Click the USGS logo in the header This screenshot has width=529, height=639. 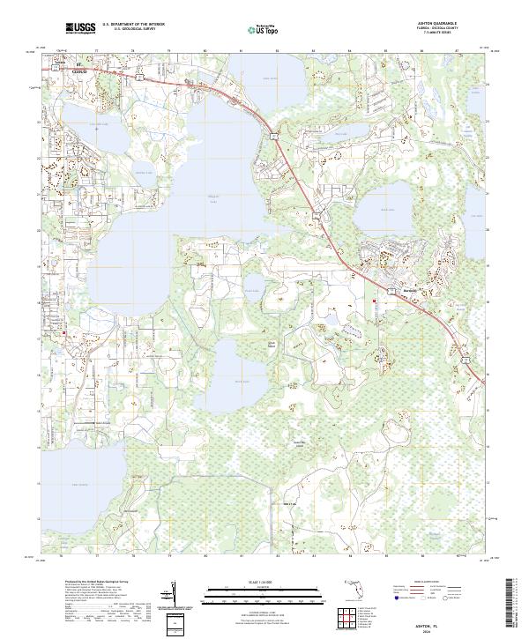pyautogui.click(x=80, y=28)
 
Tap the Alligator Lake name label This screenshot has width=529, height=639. pyautogui.click(x=188, y=197)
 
